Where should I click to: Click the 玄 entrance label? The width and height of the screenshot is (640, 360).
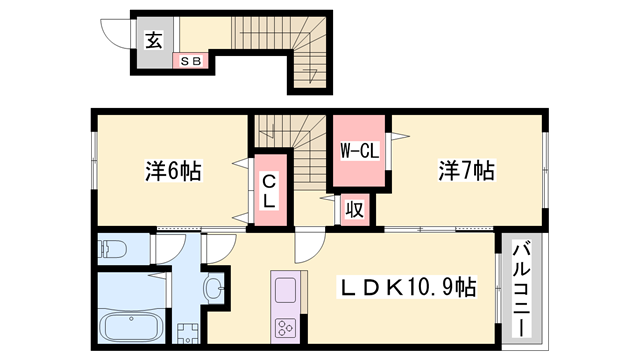[153, 41]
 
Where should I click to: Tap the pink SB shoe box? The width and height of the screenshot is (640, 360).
[190, 61]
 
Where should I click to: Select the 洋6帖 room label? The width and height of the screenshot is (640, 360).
[172, 172]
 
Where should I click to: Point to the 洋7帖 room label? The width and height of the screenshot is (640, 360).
[465, 172]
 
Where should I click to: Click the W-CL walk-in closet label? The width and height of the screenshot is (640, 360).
[358, 152]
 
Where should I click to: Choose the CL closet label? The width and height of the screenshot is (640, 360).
[270, 190]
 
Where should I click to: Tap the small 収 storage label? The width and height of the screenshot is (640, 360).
[354, 210]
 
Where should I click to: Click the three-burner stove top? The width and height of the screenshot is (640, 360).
[285, 327]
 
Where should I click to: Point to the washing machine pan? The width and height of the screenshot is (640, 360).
[186, 332]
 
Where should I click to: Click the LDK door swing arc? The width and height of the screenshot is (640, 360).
[308, 248]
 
